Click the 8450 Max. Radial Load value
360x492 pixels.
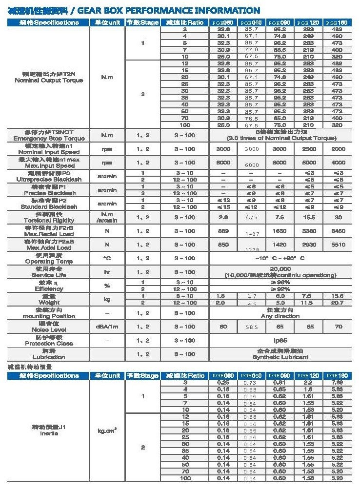[x=338, y=231]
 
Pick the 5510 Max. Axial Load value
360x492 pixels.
[x=338, y=245]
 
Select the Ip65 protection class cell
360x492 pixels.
[x=280, y=340]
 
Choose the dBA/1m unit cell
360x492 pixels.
[x=107, y=327]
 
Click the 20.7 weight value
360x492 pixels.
[x=338, y=303]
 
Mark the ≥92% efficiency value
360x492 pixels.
[x=280, y=289]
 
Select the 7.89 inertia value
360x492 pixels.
[x=338, y=383]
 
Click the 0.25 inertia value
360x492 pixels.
[x=223, y=383]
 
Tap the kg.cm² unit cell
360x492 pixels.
[x=107, y=430]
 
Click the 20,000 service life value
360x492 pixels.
[x=280, y=269]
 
